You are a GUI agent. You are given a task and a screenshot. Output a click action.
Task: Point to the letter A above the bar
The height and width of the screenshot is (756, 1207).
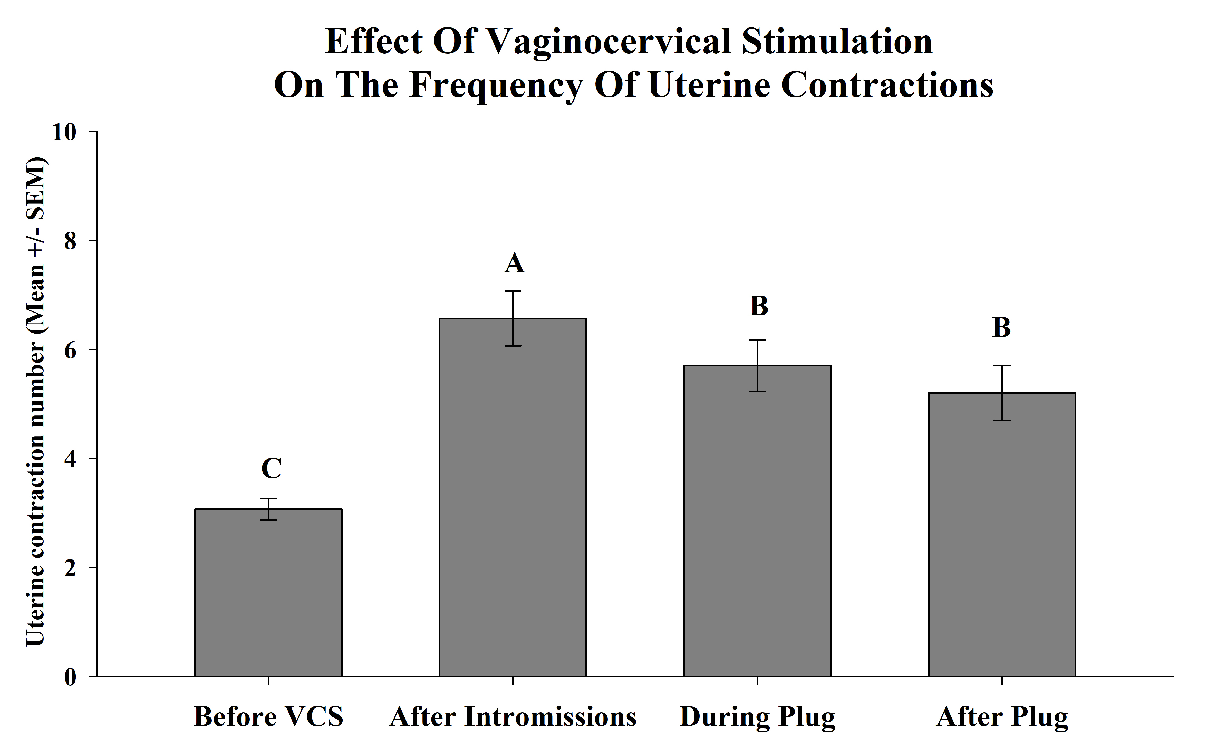514,263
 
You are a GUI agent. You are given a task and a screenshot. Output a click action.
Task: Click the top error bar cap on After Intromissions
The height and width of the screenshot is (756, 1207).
513,291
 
